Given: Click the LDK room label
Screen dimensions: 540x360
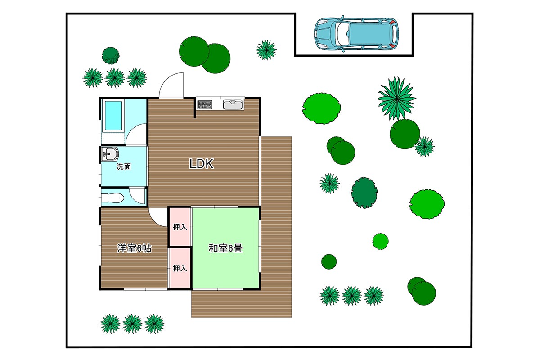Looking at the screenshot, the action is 201,164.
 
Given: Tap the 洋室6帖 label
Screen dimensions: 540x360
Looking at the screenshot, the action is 134,248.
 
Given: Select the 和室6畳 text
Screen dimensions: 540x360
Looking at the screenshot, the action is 225,248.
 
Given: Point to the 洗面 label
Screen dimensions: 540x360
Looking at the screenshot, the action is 124,166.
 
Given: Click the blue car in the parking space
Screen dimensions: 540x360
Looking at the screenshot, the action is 356,34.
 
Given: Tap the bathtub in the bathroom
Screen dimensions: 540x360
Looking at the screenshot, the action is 113,116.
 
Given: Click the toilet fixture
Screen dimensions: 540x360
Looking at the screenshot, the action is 112,198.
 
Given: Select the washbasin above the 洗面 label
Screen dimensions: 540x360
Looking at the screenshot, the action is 110,153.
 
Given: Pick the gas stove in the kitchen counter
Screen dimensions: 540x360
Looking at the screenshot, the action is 205,105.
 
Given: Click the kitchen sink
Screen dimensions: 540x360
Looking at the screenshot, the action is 233,105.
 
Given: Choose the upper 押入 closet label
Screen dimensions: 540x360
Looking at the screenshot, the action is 180,227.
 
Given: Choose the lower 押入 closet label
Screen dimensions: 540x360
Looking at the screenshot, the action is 180,268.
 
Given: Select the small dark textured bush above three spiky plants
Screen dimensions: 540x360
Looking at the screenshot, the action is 111,56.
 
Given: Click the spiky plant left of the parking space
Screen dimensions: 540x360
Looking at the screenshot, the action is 266,50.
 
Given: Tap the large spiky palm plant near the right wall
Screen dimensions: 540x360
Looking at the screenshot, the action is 397,99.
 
